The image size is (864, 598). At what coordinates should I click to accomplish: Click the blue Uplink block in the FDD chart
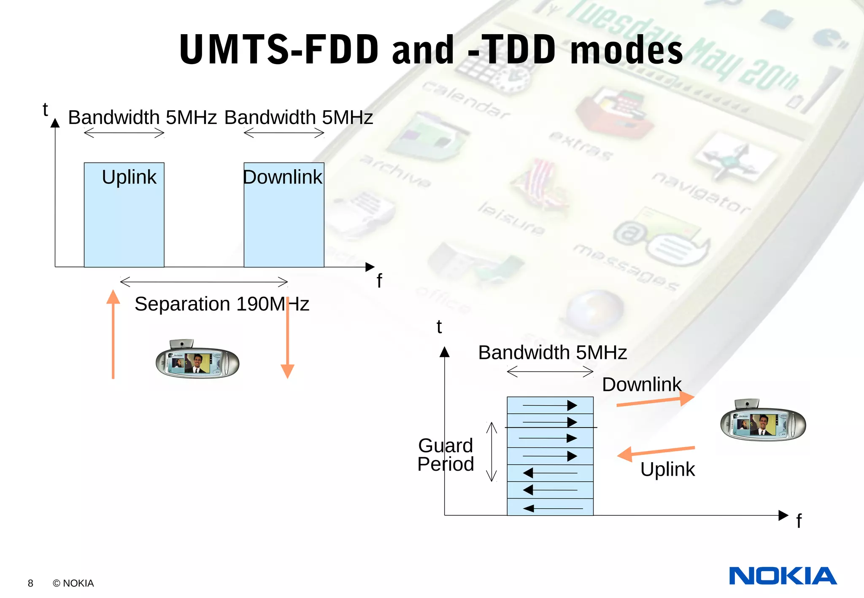[x=124, y=215]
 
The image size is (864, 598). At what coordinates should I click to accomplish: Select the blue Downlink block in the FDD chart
[x=284, y=215]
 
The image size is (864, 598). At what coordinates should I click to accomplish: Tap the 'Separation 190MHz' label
[x=222, y=304]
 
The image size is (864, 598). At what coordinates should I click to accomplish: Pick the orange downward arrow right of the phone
[x=287, y=337]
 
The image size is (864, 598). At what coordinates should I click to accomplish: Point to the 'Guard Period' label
[x=446, y=455]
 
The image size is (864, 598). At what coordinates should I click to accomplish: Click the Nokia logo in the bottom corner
[x=783, y=576]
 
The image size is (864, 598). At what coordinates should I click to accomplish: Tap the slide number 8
[x=30, y=583]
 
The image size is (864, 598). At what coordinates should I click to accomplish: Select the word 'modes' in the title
[x=626, y=50]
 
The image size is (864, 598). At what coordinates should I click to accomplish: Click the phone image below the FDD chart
[x=197, y=359]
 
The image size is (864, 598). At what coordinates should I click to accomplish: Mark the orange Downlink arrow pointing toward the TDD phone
[x=655, y=400]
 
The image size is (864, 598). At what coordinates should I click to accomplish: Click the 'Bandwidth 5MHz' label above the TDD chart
[x=552, y=353]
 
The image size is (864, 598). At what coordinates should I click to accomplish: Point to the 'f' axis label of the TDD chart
[x=799, y=521]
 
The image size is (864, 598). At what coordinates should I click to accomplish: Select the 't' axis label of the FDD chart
[x=45, y=110]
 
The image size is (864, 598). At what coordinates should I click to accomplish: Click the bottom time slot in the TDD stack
[x=550, y=507]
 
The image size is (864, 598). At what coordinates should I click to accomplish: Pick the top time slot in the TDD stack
[x=550, y=405]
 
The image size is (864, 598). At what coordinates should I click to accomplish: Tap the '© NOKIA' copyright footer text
[x=73, y=583]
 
